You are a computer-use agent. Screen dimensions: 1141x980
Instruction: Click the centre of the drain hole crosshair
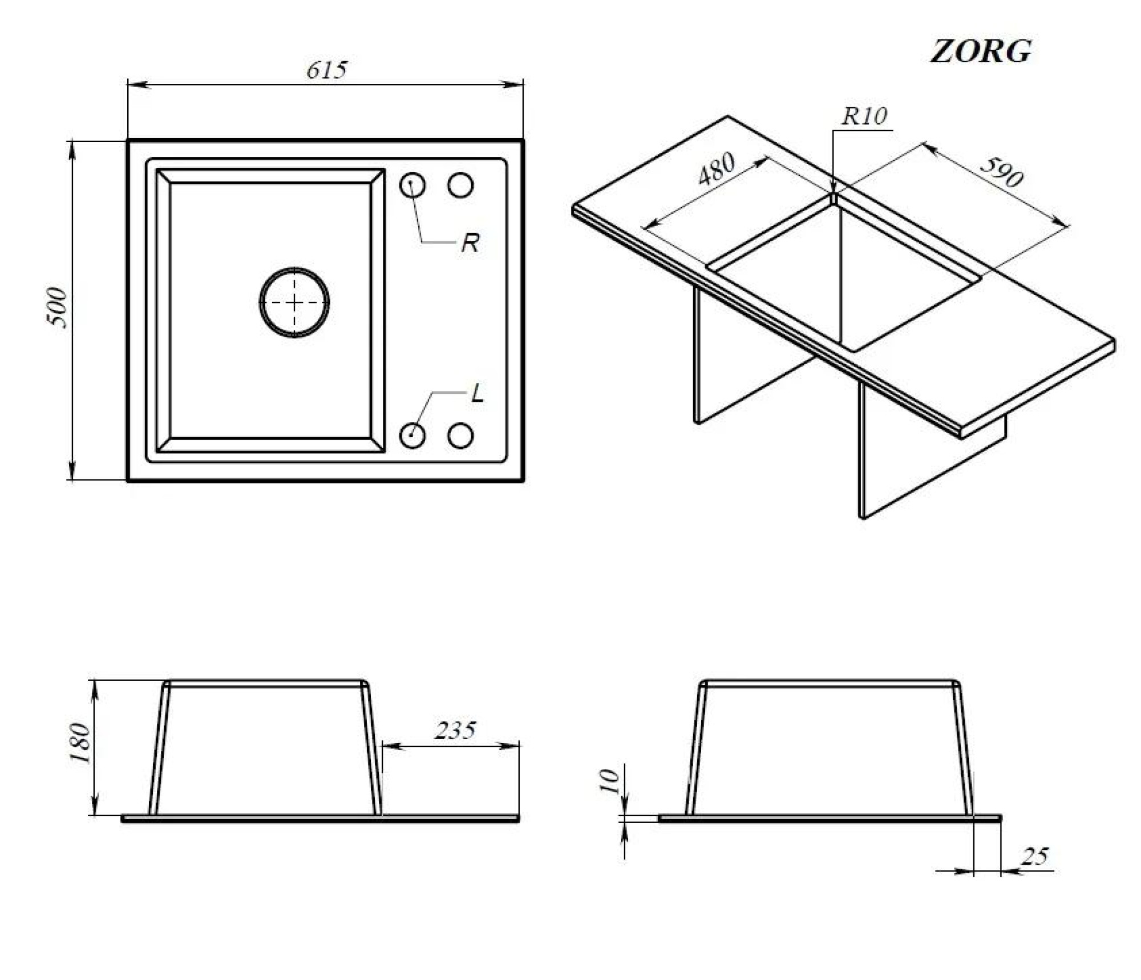coord(294,303)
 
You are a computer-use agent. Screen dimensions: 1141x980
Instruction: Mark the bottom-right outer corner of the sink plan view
coord(523,481)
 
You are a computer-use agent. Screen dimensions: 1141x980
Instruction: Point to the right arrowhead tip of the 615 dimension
coord(523,85)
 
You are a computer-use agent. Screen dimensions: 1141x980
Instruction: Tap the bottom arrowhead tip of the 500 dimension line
coord(72,480)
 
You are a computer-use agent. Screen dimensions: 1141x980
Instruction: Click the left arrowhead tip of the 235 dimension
coord(382,745)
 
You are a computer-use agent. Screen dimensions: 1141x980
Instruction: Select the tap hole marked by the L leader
coord(412,436)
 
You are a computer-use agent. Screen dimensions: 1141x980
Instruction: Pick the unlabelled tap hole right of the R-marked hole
coord(460,185)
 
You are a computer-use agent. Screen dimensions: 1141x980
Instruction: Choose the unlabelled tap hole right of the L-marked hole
coord(460,436)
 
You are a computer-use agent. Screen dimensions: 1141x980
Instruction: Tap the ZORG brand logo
coord(981,51)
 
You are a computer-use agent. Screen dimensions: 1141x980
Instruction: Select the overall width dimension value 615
coord(326,70)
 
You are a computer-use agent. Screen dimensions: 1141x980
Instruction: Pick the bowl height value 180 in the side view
coord(80,743)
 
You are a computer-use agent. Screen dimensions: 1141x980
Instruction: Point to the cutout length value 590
coord(1002,170)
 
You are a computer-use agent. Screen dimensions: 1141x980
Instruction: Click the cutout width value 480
coord(716,170)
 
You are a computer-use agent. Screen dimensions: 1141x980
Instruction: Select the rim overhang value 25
coord(1035,856)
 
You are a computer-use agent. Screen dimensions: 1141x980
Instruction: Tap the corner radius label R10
coord(864,116)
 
